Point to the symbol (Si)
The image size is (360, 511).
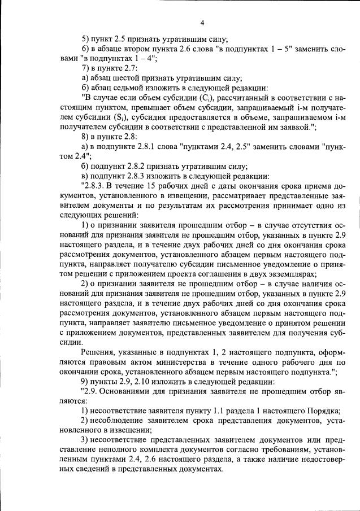(x=120, y=117)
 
